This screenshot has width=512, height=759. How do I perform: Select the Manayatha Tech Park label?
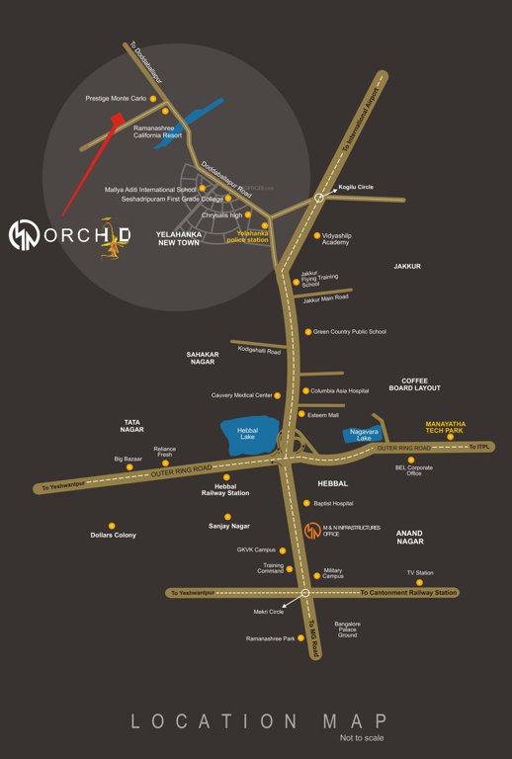pos(444,427)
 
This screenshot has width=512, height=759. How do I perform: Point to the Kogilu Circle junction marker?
pos(319,198)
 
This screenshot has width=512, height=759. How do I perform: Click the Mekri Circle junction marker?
pos(304,592)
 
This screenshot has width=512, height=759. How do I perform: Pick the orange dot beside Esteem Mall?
pos(302,414)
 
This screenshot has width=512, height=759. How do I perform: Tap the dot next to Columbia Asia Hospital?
pos(303,390)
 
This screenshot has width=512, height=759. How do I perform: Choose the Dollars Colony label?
pos(113,535)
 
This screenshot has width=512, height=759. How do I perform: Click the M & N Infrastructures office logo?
pos(310,529)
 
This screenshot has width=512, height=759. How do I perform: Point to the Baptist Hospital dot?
pos(306,503)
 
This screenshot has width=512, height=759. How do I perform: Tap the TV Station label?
pos(420,572)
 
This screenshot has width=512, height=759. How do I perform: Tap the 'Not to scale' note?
pos(362,738)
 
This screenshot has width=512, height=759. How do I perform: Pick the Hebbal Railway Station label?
pos(225,488)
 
